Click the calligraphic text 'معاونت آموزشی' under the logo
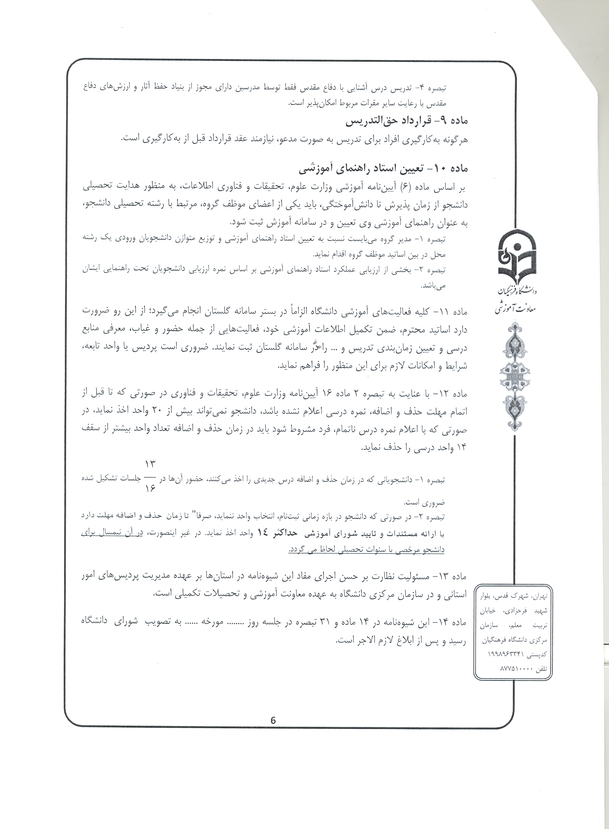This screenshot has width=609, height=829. (516, 308)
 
